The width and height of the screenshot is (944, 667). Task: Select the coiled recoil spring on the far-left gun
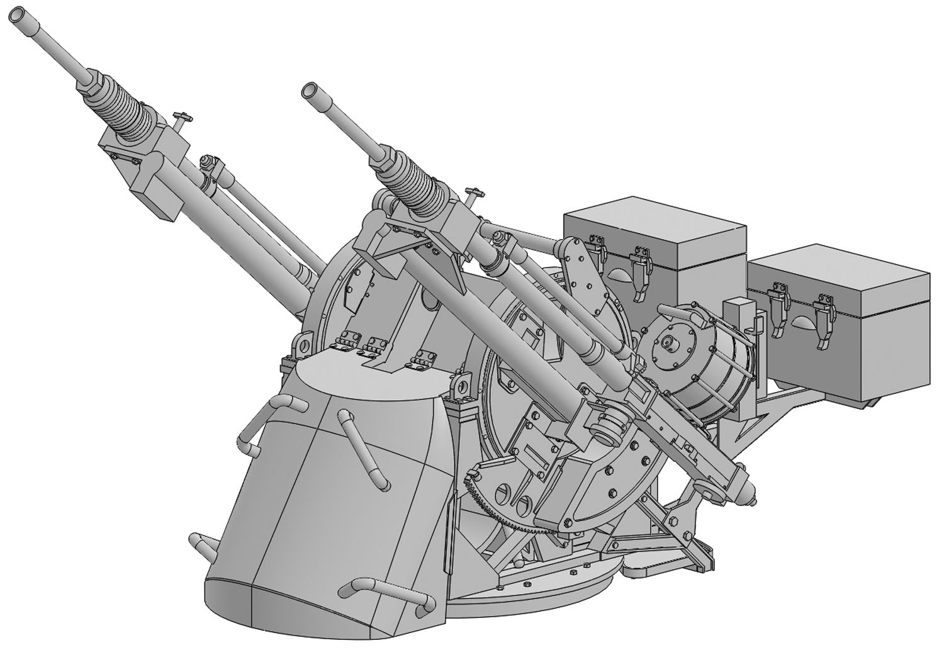[x=126, y=108]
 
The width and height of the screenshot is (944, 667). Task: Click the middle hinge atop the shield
[x=376, y=344]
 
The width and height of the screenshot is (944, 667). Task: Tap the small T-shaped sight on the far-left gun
[x=181, y=118]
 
